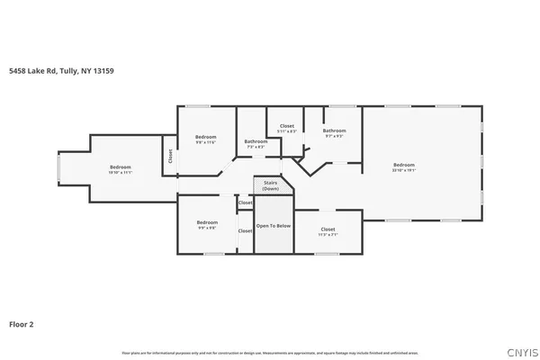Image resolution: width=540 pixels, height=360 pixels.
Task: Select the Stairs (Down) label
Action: (x=271, y=186)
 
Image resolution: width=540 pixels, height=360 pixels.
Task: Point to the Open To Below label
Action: (x=274, y=226)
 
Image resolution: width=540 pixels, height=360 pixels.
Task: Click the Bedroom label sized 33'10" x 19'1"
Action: (x=404, y=165)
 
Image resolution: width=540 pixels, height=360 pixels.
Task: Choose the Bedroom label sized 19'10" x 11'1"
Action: (x=121, y=166)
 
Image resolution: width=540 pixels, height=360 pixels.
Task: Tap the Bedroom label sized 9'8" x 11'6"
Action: (x=207, y=137)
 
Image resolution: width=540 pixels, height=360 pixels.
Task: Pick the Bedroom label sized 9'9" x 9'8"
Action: (x=207, y=221)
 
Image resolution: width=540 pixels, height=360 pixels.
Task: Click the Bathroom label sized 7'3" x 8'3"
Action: (x=256, y=140)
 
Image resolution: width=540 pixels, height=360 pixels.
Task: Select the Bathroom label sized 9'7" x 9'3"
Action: (x=335, y=130)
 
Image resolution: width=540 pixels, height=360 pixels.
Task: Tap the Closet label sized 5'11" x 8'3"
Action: (x=286, y=126)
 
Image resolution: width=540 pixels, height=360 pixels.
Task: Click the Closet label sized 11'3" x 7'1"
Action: (x=328, y=229)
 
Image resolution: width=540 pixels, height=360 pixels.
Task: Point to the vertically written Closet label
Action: (x=169, y=156)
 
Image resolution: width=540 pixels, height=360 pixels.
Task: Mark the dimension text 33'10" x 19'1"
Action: (x=404, y=170)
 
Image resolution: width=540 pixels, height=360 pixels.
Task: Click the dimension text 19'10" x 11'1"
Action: (x=121, y=172)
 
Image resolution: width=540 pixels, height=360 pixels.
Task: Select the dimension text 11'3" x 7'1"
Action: (x=328, y=235)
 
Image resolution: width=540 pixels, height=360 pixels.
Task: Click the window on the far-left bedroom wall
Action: (x=59, y=167)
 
